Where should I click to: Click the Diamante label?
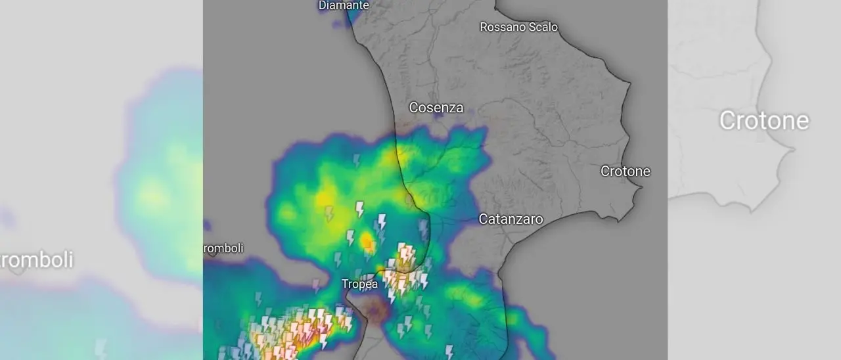click(x=344, y=5)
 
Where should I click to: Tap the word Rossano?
click(x=503, y=27)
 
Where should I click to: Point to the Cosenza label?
click(x=436, y=107)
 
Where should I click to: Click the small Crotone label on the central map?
click(x=625, y=171)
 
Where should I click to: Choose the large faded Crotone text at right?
click(x=763, y=121)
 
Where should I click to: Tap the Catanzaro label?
click(x=511, y=219)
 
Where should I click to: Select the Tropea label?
click(x=359, y=284)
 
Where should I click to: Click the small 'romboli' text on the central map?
click(x=223, y=248)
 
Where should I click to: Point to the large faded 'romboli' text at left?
click(x=36, y=259)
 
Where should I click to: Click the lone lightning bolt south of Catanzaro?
click(x=449, y=351)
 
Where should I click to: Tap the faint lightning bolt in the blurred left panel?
click(x=100, y=348)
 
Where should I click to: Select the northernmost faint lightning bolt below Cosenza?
click(x=357, y=160)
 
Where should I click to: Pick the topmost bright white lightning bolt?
click(x=359, y=209)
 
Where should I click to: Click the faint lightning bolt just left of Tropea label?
click(x=316, y=286)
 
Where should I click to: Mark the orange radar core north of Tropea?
click(x=367, y=240)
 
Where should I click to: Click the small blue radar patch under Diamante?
click(x=339, y=24)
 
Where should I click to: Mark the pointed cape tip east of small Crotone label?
click(x=641, y=187)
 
